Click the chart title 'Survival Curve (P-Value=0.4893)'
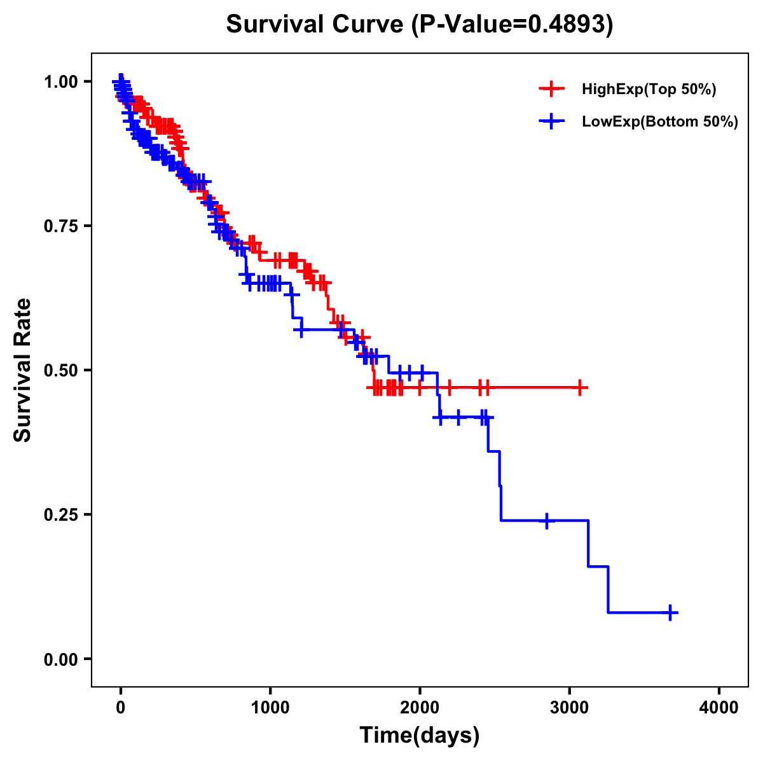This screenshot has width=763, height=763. (x=420, y=24)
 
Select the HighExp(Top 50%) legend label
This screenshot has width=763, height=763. (x=649, y=90)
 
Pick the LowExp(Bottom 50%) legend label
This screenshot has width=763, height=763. (x=659, y=121)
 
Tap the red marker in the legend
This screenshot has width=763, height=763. (x=551, y=89)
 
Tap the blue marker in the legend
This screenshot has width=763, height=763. (x=551, y=121)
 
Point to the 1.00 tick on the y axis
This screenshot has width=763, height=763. (x=61, y=82)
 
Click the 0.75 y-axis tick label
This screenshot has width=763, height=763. (x=61, y=226)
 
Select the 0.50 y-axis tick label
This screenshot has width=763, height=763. (x=61, y=371)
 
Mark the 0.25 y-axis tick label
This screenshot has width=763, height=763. (x=61, y=515)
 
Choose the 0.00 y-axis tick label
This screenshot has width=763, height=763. (x=61, y=659)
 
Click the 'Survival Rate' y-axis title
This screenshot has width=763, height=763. (x=23, y=370)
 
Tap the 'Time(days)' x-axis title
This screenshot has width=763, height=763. (x=420, y=736)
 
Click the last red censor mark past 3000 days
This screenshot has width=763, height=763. (x=579, y=387)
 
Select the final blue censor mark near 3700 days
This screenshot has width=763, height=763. (x=670, y=612)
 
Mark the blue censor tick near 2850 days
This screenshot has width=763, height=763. (x=546, y=520)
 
